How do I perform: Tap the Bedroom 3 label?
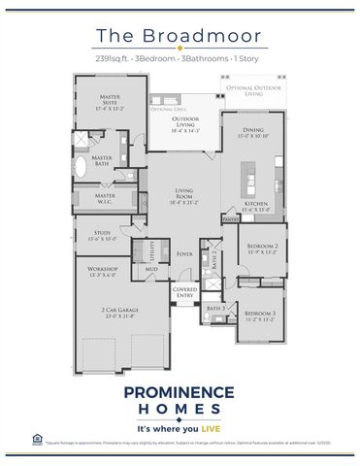tap(260, 315)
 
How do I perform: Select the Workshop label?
tap(103, 271)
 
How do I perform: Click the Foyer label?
tap(184, 254)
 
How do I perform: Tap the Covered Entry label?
tap(184, 292)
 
